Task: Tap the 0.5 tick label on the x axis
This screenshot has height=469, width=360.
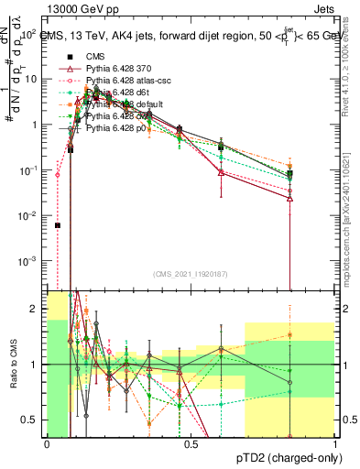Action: pyautogui.click(x=191, y=445)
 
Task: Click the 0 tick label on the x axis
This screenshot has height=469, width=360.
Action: pyautogui.click(x=47, y=445)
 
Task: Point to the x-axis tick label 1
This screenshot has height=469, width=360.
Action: pyautogui.click(x=334, y=445)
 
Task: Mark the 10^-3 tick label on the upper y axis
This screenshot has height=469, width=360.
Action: pyautogui.click(x=28, y=261)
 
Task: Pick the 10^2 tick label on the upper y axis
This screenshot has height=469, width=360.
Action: pyautogui.click(x=28, y=34)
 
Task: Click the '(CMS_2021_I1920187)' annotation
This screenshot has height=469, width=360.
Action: pyautogui.click(x=191, y=273)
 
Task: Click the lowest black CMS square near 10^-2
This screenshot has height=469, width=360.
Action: pyautogui.click(x=58, y=225)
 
